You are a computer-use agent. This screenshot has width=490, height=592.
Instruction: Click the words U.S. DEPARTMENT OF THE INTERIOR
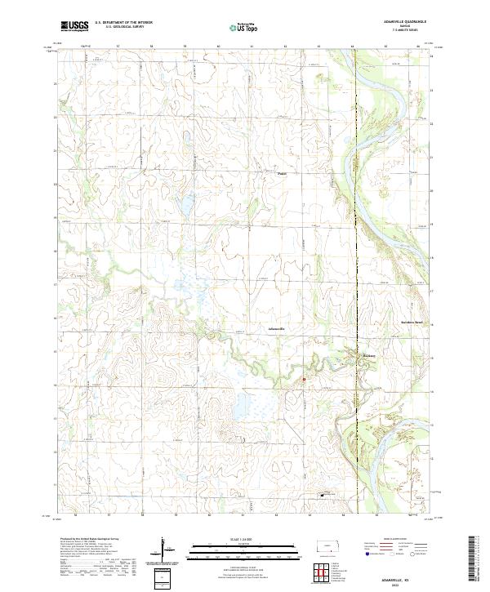tap(123, 24)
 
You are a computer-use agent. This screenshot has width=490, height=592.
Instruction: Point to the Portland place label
tap(283, 173)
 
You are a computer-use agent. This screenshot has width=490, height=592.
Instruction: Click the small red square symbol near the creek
tap(303, 378)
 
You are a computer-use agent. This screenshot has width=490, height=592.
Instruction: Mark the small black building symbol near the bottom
tap(322, 494)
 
